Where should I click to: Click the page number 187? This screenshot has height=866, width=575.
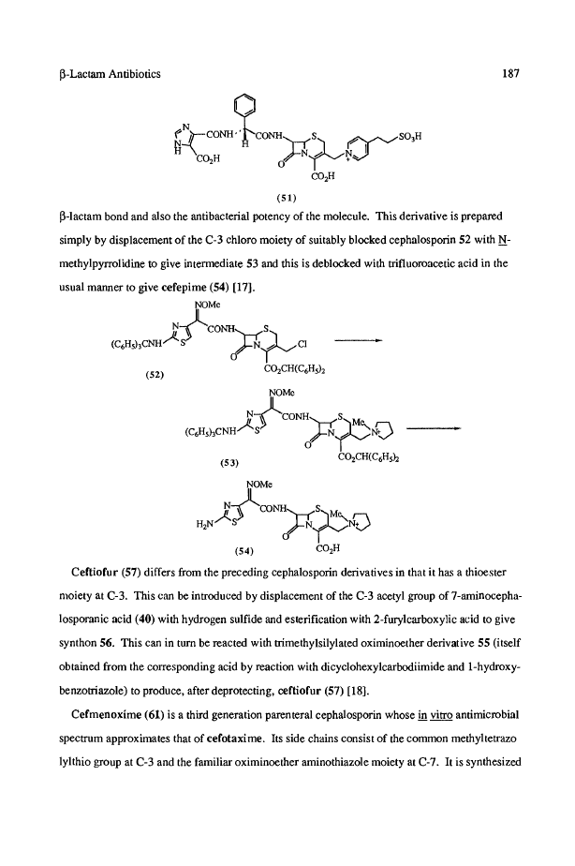point(510,71)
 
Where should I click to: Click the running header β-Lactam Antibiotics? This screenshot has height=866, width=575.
point(108,71)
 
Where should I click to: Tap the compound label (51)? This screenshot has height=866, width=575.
point(287,198)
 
